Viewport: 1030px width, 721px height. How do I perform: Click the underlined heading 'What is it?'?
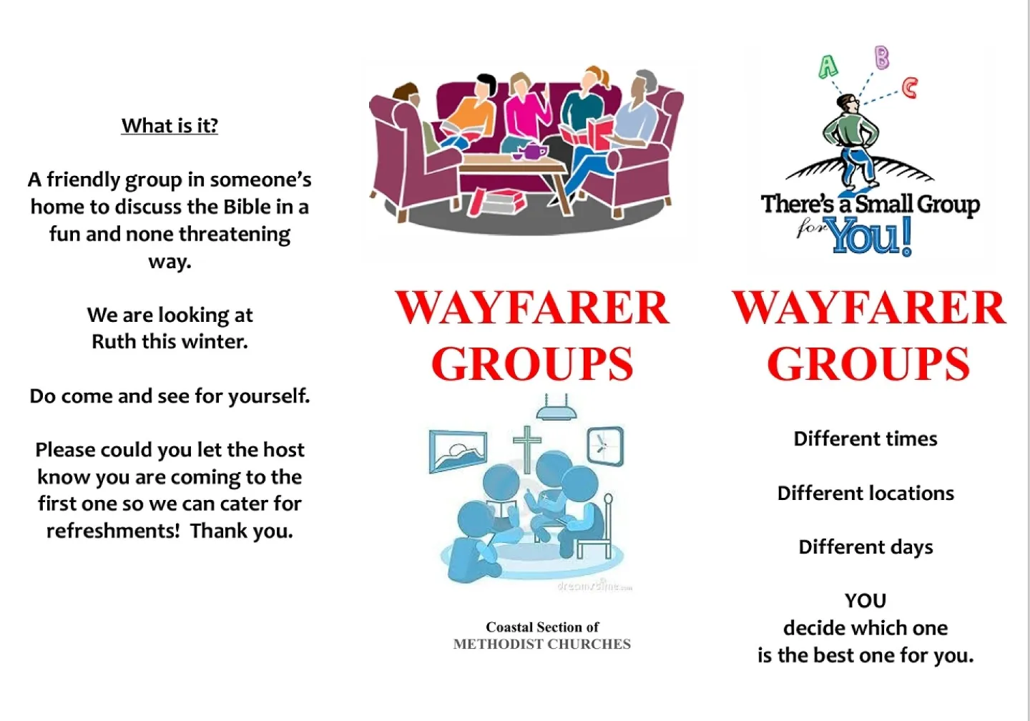(x=170, y=126)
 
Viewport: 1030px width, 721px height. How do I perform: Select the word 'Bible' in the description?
(x=247, y=207)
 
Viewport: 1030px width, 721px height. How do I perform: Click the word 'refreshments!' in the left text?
(x=113, y=531)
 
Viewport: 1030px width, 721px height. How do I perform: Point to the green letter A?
(x=828, y=67)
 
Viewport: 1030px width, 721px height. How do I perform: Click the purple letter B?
(x=882, y=57)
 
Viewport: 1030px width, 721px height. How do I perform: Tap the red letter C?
(x=909, y=88)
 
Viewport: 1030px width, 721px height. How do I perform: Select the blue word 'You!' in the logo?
(x=871, y=235)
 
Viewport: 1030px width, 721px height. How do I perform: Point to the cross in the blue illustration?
(x=527, y=448)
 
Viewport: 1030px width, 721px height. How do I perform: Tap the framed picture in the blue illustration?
(x=458, y=451)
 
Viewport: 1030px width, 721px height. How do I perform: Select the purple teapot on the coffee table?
(x=531, y=152)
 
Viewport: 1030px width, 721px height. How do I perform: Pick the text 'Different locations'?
(x=865, y=494)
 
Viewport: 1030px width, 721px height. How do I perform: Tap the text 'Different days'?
(x=865, y=547)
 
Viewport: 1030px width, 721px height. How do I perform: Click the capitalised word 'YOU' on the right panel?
(x=865, y=601)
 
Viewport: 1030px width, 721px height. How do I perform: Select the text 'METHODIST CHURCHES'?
(x=542, y=644)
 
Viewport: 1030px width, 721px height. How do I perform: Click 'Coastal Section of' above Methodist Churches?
(x=542, y=627)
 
